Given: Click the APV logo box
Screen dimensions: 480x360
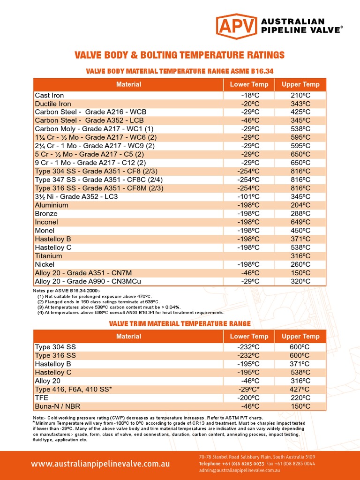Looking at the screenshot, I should pos(236,26).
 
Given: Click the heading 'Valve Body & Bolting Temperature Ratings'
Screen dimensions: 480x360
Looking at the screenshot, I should pos(180,55).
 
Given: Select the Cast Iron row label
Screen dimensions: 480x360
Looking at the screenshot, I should pos(49,95).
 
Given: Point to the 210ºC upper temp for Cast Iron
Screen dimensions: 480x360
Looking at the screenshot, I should pos(300,95).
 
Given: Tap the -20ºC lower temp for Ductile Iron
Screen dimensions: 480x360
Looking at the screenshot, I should pos(249,104).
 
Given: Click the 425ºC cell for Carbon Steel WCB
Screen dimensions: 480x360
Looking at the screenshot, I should pos(300,112).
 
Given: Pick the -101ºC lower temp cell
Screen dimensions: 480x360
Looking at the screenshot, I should pos(249,196).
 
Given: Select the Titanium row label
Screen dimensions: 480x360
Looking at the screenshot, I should pos(48,256).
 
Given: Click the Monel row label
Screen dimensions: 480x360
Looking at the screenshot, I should pos(45,230).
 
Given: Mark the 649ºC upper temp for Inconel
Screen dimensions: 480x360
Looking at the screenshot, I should pos(300,222).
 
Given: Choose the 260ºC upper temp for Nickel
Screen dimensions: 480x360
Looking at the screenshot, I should pos(300,264).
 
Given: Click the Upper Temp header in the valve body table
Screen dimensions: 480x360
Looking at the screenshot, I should pos(300,84).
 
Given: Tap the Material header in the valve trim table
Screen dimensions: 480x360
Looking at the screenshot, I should pos(128,336).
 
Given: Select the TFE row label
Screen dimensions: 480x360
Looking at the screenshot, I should pos(42,397).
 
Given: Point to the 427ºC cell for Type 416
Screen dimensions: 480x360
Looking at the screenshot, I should pos(300,389).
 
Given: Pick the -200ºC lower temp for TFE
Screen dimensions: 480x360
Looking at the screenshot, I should pos(249,397).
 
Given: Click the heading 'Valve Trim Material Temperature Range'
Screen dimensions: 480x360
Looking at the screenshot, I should pos(180,323).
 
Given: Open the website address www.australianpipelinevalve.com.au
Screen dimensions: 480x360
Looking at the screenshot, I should pos(100,464).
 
